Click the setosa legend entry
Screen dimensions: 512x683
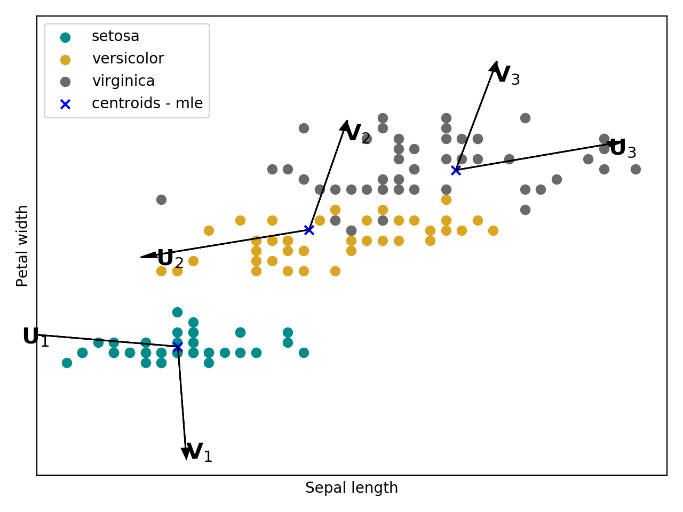point(115,36)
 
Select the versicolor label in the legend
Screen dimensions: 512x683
point(128,59)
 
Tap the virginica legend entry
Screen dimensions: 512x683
point(123,81)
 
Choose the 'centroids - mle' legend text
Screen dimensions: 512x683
point(147,103)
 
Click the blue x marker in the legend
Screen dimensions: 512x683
point(65,104)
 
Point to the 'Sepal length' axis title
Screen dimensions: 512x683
point(351,488)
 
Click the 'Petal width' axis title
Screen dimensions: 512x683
point(22,246)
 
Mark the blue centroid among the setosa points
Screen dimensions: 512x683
point(178,347)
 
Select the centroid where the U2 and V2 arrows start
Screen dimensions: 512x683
point(309,230)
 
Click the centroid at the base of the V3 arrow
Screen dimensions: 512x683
point(456,170)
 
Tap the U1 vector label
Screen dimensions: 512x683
point(36,338)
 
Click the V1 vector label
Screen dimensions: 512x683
point(199,453)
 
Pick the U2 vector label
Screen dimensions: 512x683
point(170,259)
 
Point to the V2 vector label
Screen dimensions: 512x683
point(358,134)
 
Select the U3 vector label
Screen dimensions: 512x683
point(623,149)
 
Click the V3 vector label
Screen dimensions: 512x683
point(506,76)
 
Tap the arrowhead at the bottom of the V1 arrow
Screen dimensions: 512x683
point(186,453)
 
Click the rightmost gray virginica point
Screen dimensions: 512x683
point(636,169)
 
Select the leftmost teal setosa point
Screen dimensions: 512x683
point(67,363)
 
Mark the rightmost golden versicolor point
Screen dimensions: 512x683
point(493,230)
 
